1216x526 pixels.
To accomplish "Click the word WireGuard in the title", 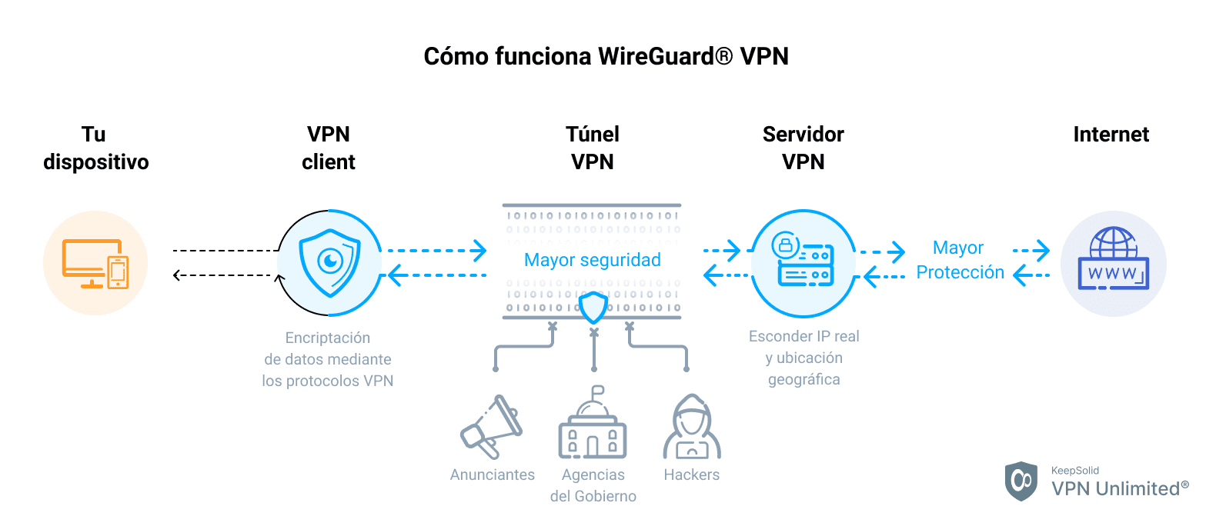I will point(656,57).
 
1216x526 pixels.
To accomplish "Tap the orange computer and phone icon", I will point(95,264).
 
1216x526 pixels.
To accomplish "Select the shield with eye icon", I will point(329,262).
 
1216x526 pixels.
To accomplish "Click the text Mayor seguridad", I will point(592,260).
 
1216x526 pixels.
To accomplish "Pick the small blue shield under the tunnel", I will point(593,308).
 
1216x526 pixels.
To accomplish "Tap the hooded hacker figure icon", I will point(692,428).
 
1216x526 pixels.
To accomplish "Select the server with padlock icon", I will point(803,262).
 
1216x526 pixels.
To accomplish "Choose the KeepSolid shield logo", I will point(1021,481).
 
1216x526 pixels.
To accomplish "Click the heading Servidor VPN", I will point(803,148).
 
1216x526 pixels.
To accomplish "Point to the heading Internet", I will point(1111,135).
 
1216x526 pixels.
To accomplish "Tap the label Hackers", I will point(691,475).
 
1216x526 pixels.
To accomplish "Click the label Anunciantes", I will point(492,475).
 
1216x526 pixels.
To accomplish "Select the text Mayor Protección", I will point(959,260).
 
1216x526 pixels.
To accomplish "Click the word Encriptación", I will point(327,338).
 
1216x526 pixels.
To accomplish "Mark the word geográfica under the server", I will point(803,379).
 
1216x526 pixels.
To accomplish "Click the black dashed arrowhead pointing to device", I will point(177,275).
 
